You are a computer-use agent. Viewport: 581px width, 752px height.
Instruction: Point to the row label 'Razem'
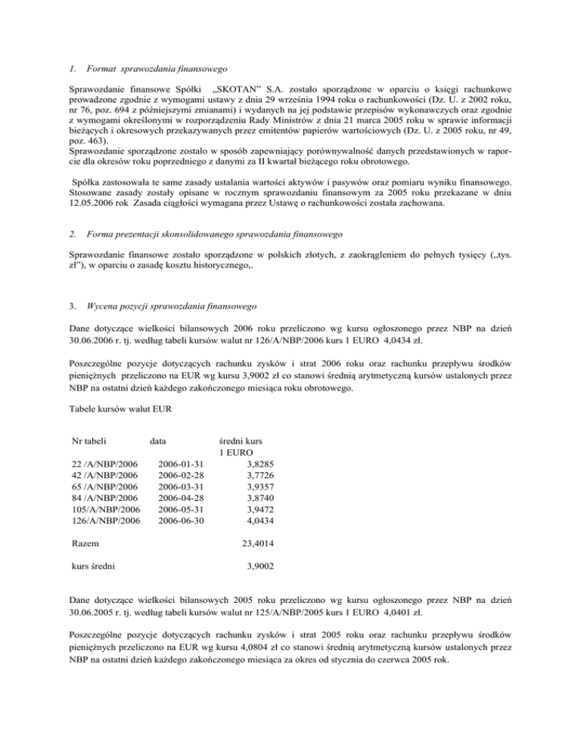click(84, 543)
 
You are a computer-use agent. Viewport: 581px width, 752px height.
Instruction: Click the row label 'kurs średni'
click(93, 565)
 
